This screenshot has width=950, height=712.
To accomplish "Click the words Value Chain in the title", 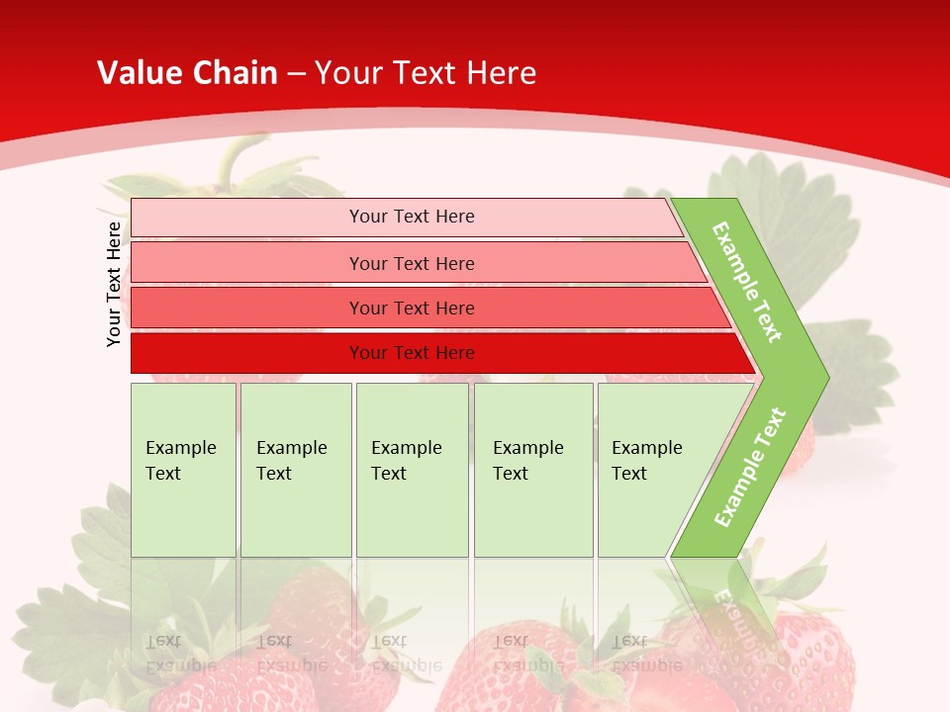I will tap(187, 73).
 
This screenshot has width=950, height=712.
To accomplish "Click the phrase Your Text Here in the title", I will tap(426, 73).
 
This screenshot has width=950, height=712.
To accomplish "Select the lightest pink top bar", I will tap(247, 218).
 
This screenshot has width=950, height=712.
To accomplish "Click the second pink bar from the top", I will tap(247, 263).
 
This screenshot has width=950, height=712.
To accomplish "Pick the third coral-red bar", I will tap(247, 308).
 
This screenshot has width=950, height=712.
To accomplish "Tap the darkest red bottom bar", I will tap(247, 353).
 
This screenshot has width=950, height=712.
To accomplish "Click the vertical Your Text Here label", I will tap(114, 284).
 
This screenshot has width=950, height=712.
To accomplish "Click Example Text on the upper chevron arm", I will tap(747, 282).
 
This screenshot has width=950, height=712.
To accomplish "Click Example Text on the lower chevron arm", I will tap(750, 467).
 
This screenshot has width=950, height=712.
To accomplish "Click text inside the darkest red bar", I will tap(412, 353).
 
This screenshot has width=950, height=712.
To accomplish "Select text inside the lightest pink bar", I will tap(412, 217).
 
